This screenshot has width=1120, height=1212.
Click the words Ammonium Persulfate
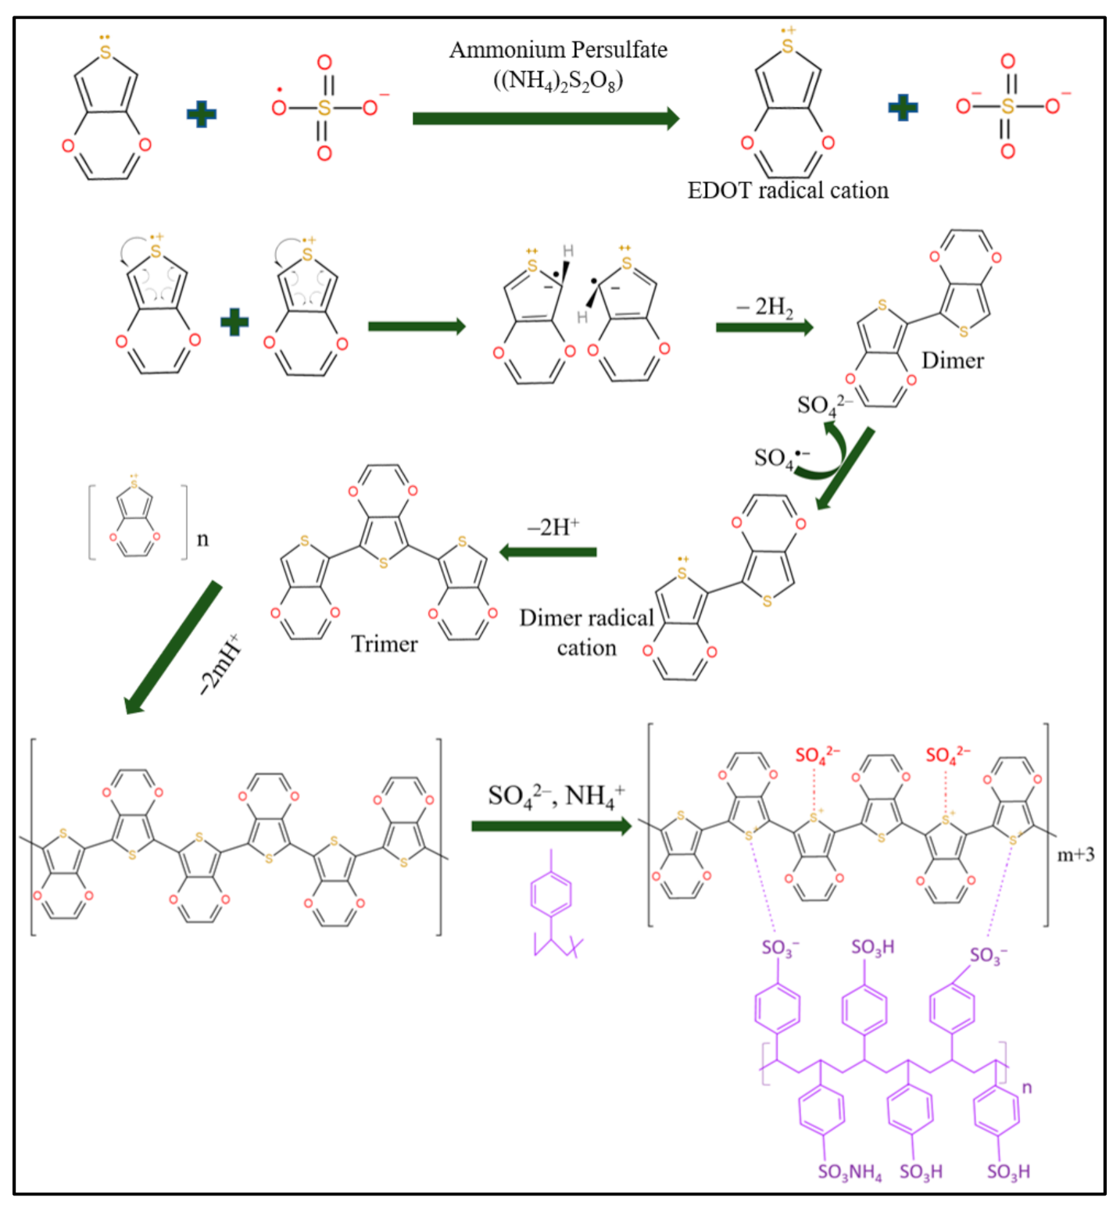point(558,50)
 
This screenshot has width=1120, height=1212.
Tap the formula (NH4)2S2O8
point(558,80)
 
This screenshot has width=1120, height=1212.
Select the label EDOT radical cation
point(787,191)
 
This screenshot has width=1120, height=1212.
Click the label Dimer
point(952,360)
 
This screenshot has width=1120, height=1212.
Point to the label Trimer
point(384,644)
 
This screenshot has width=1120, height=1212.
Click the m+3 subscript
point(1075,855)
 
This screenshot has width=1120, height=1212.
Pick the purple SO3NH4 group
point(850,1172)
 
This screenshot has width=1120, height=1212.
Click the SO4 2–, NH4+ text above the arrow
point(556,795)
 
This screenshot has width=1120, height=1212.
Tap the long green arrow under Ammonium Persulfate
point(546,119)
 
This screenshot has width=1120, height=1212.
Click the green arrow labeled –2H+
point(548,552)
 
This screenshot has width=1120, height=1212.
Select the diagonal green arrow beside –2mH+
point(174,647)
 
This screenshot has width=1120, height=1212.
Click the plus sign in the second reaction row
point(234,322)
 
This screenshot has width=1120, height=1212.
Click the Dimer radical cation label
point(586,632)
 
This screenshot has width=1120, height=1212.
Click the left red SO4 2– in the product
point(817,755)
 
